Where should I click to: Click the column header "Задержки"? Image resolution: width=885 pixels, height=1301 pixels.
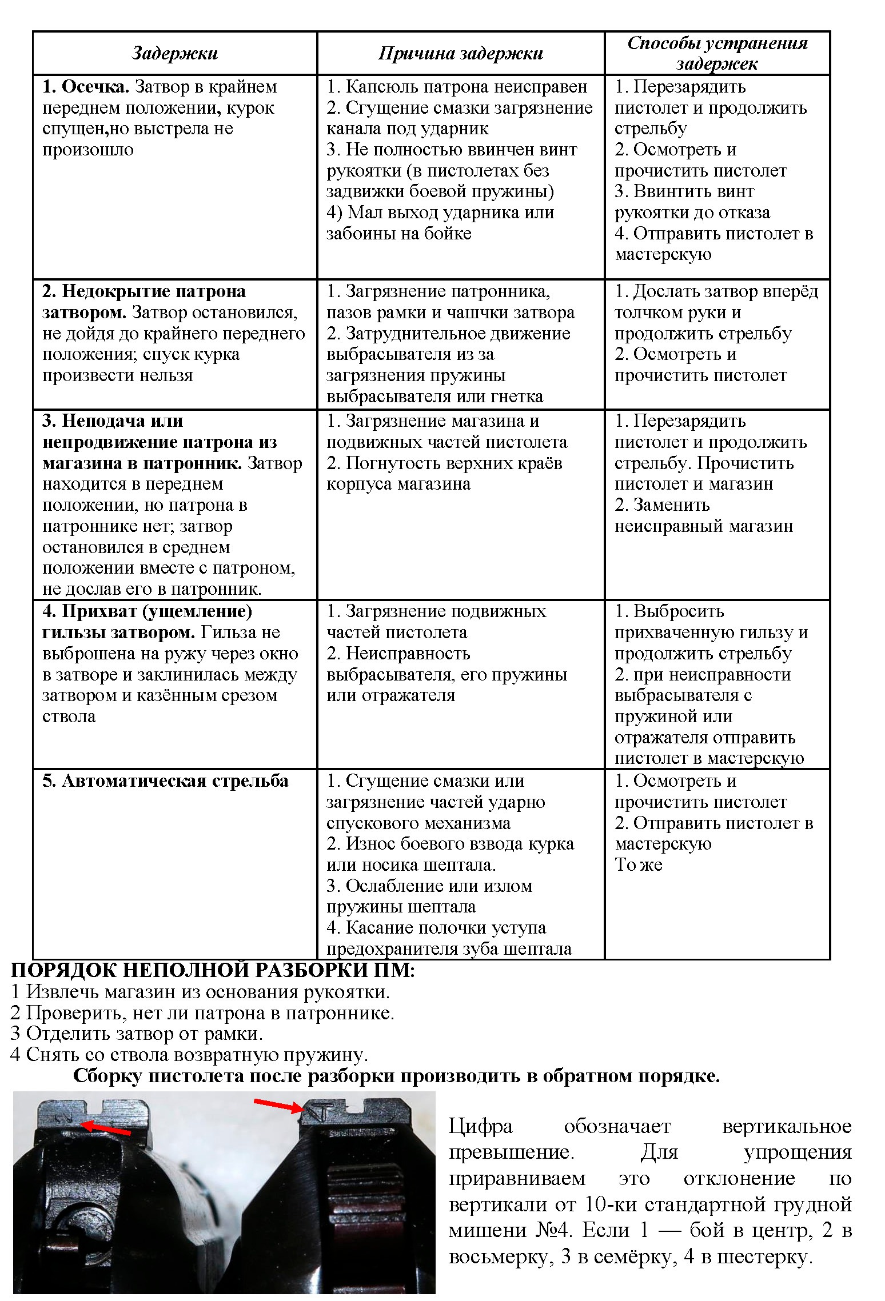tap(174, 53)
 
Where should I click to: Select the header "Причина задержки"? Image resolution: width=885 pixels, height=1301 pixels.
tap(460, 53)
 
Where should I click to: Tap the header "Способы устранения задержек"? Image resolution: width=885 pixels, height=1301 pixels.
tap(717, 53)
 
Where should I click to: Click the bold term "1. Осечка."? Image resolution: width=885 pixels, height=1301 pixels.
tap(86, 87)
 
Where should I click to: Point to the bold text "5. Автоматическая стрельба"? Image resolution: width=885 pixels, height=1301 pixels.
tap(165, 781)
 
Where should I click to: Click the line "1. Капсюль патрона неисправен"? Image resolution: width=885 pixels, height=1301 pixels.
tap(457, 87)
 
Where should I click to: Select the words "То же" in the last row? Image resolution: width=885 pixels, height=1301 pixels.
tap(638, 864)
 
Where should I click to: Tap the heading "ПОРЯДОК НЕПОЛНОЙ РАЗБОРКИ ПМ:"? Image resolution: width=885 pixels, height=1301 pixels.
tap(213, 970)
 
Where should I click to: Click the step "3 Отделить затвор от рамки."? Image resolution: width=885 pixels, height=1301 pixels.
tap(137, 1033)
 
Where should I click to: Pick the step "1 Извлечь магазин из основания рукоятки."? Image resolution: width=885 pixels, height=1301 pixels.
tap(200, 991)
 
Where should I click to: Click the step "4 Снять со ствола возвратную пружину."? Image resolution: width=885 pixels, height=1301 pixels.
tap(189, 1054)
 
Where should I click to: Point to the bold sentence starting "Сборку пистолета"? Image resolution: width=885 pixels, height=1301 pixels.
tap(396, 1076)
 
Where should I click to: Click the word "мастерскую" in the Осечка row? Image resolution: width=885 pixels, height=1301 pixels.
tap(663, 254)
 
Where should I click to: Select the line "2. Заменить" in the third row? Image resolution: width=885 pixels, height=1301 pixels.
tap(662, 505)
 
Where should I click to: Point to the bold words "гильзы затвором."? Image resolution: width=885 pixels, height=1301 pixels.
tap(118, 633)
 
